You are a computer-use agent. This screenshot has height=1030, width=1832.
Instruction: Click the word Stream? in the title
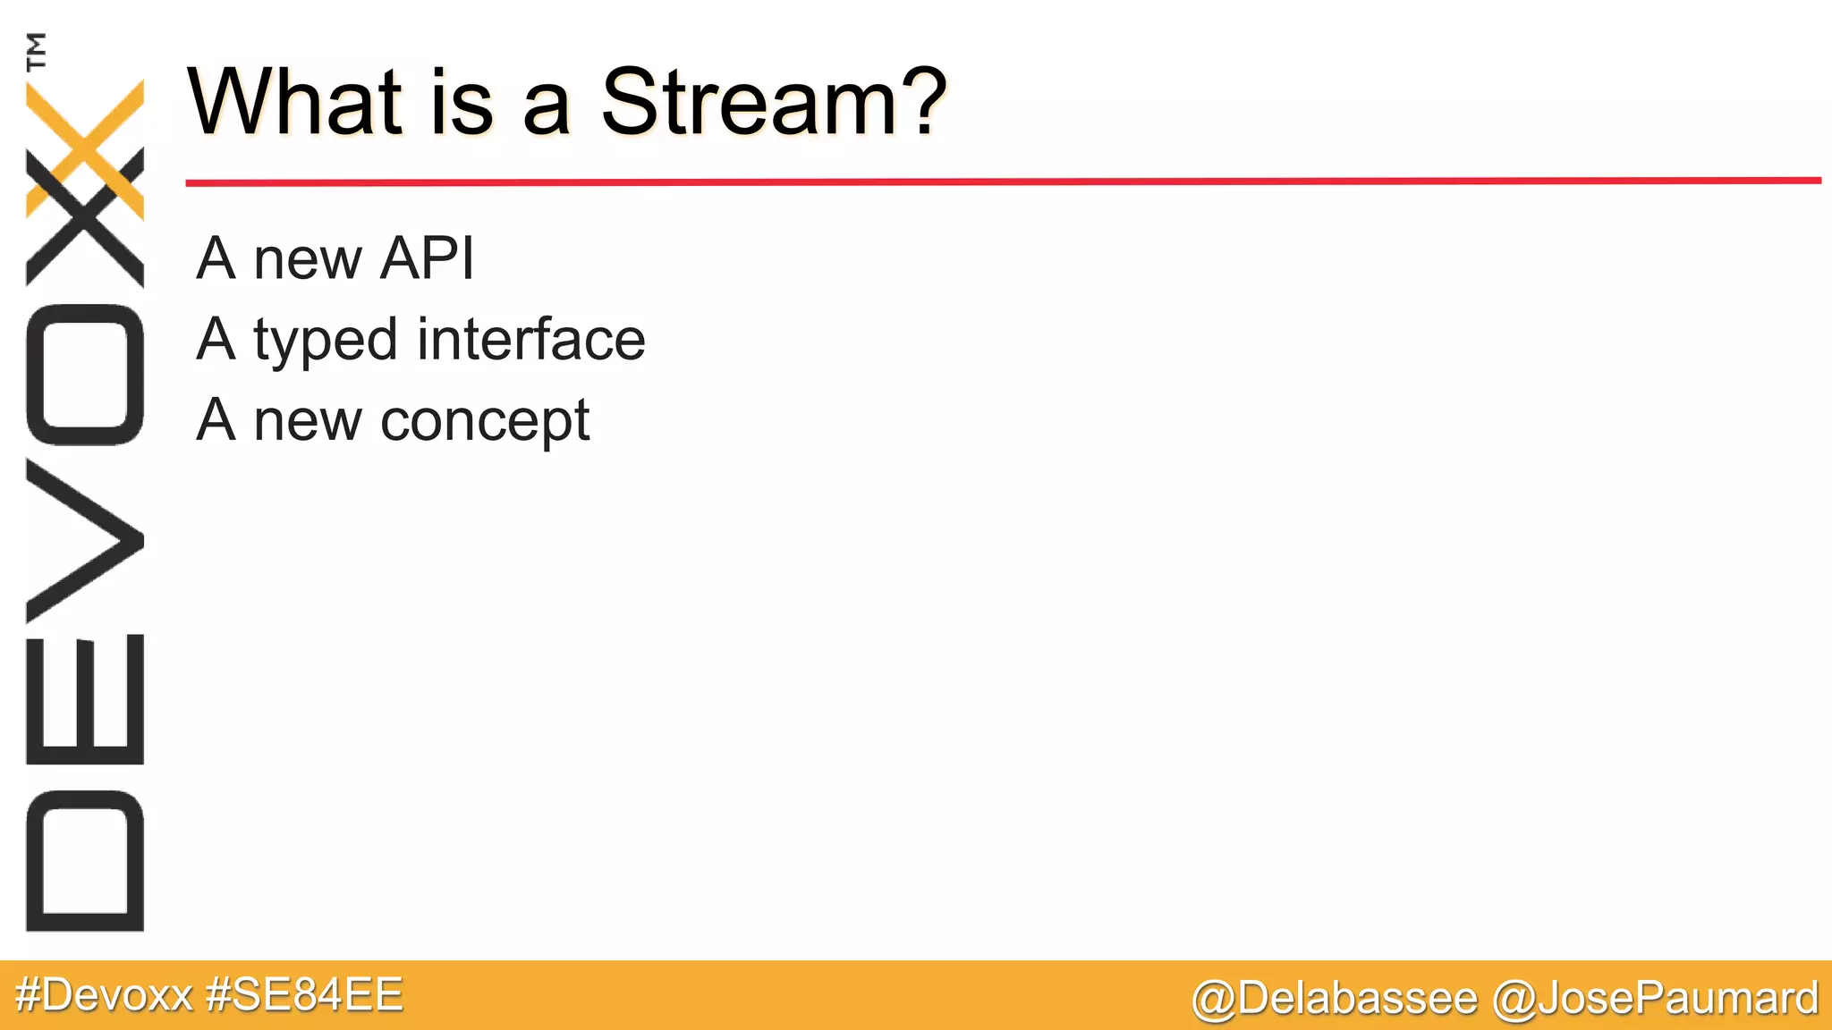click(773, 103)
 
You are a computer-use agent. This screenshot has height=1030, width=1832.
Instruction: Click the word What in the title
click(295, 103)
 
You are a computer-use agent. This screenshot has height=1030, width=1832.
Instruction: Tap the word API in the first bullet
click(427, 259)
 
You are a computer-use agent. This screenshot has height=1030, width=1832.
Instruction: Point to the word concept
click(485, 422)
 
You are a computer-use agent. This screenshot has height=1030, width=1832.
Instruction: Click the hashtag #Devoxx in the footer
click(105, 995)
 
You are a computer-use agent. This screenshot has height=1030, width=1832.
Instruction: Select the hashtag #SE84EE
click(304, 995)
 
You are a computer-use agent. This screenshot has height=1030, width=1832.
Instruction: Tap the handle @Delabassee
click(1334, 998)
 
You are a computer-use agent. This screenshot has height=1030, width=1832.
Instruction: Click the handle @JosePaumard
click(1656, 998)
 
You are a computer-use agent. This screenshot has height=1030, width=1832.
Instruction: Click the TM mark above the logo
click(37, 51)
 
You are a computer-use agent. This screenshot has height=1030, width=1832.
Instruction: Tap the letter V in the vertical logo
click(85, 540)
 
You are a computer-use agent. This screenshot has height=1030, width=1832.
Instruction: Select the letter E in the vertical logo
click(85, 699)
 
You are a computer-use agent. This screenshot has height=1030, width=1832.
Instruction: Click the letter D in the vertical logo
click(85, 860)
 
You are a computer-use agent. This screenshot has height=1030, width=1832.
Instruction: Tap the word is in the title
click(462, 103)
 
